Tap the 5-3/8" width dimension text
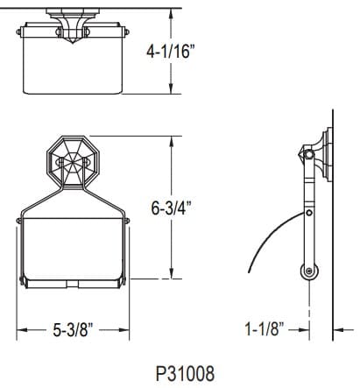click(74, 330)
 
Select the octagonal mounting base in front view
click(73, 163)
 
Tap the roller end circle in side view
click(309, 272)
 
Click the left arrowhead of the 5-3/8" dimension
click(21, 330)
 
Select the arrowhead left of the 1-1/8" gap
click(306, 330)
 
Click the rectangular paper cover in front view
click(73, 254)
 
